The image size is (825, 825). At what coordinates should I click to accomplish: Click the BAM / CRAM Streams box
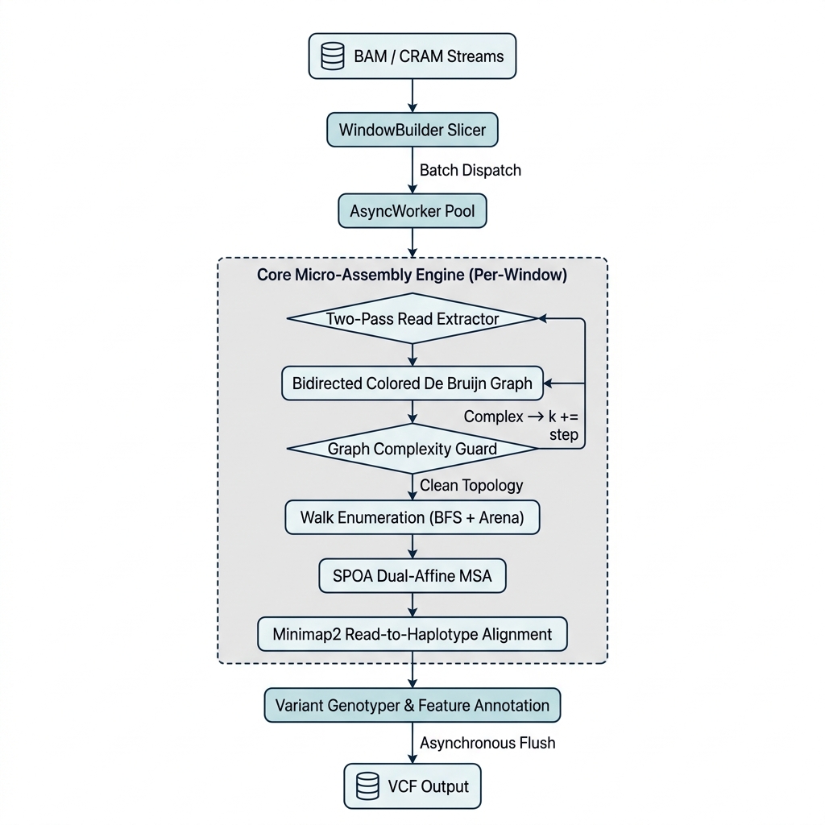412,56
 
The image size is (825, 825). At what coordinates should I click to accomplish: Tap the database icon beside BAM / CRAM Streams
333,57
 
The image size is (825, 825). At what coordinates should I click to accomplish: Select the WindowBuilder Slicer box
412,130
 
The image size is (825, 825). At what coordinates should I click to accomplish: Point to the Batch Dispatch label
471,170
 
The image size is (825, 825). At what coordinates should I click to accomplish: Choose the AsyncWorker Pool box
412,212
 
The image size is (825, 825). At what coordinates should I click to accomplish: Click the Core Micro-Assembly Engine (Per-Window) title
412,275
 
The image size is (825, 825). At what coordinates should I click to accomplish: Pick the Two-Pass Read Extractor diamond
412,318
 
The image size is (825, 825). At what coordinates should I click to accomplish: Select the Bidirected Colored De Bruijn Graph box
412,383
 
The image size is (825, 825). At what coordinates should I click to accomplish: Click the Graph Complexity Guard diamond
412,449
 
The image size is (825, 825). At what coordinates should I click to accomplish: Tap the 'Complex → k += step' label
521,425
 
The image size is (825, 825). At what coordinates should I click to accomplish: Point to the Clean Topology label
471,485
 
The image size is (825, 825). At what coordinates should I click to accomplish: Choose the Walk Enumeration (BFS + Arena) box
412,517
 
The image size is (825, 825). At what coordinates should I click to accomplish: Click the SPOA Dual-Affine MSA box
412,576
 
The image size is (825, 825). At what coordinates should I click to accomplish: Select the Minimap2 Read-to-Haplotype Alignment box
412,634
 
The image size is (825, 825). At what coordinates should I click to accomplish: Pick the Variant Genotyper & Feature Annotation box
412,705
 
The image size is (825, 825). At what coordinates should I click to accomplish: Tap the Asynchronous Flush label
487,743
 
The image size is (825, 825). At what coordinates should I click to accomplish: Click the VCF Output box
412,786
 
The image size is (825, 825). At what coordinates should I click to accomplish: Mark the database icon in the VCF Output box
367,786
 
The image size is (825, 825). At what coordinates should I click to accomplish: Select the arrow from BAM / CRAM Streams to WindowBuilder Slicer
412,95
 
